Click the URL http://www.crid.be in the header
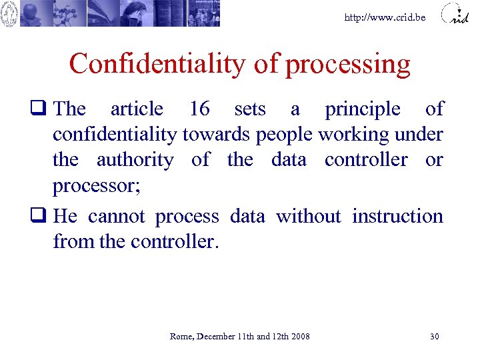click(x=385, y=17)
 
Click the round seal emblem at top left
click(x=9, y=13)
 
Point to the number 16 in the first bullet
click(x=199, y=109)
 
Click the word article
click(x=137, y=109)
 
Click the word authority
click(x=135, y=161)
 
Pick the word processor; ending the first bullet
click(x=96, y=186)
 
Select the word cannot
click(x=117, y=217)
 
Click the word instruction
click(x=397, y=216)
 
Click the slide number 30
click(x=435, y=337)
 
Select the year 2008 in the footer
click(x=300, y=337)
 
